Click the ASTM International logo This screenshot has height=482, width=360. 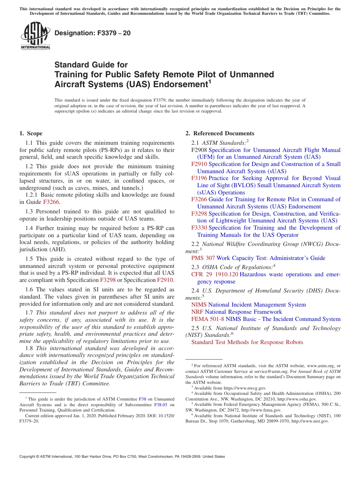click(35, 36)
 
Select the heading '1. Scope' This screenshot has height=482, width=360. click(31, 133)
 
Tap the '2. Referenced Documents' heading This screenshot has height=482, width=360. click(220, 133)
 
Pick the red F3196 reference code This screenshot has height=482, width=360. click(199, 178)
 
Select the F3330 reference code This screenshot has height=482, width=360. click(199, 228)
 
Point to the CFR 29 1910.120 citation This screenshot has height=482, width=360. click(215, 274)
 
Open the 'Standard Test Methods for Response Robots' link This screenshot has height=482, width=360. click(247, 342)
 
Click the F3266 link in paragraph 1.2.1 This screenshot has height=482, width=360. click(51, 202)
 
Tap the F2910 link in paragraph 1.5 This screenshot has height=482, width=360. click(165, 280)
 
